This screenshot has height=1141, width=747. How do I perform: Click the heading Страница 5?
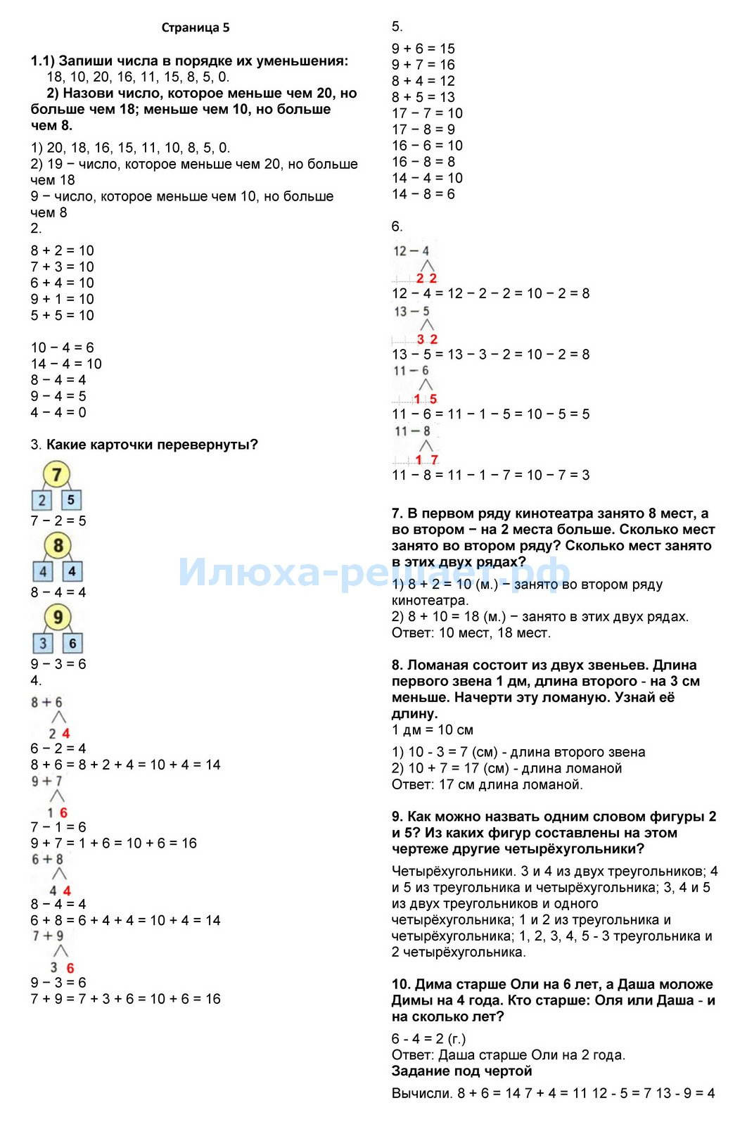[x=195, y=28]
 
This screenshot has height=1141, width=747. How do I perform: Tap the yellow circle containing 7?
[x=57, y=474]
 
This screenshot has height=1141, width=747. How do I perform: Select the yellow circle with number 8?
[x=58, y=545]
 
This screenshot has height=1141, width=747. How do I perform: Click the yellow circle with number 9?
[x=58, y=618]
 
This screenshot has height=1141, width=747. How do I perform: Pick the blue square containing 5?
[x=71, y=500]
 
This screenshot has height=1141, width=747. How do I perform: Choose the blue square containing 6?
[x=72, y=643]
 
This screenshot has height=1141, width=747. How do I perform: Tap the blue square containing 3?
[x=43, y=643]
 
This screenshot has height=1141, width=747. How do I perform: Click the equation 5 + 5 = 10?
[x=62, y=315]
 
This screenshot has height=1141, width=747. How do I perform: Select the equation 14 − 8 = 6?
[x=423, y=194]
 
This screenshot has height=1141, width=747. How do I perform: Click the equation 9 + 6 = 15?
[x=423, y=49]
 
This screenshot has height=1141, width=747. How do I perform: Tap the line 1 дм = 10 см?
[x=432, y=729]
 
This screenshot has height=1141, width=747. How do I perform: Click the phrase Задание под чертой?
[x=461, y=1071]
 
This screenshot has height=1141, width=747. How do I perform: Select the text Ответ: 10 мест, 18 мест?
[x=471, y=632]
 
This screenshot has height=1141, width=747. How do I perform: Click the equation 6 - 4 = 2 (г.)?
[x=428, y=1039]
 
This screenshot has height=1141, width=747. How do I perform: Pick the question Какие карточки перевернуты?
[x=152, y=445]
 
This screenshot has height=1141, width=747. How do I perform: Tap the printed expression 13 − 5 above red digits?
[x=411, y=311]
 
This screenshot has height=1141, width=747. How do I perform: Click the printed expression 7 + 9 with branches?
[x=48, y=936]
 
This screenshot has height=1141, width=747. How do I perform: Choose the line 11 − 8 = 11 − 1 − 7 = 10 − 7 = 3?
[x=490, y=475]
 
